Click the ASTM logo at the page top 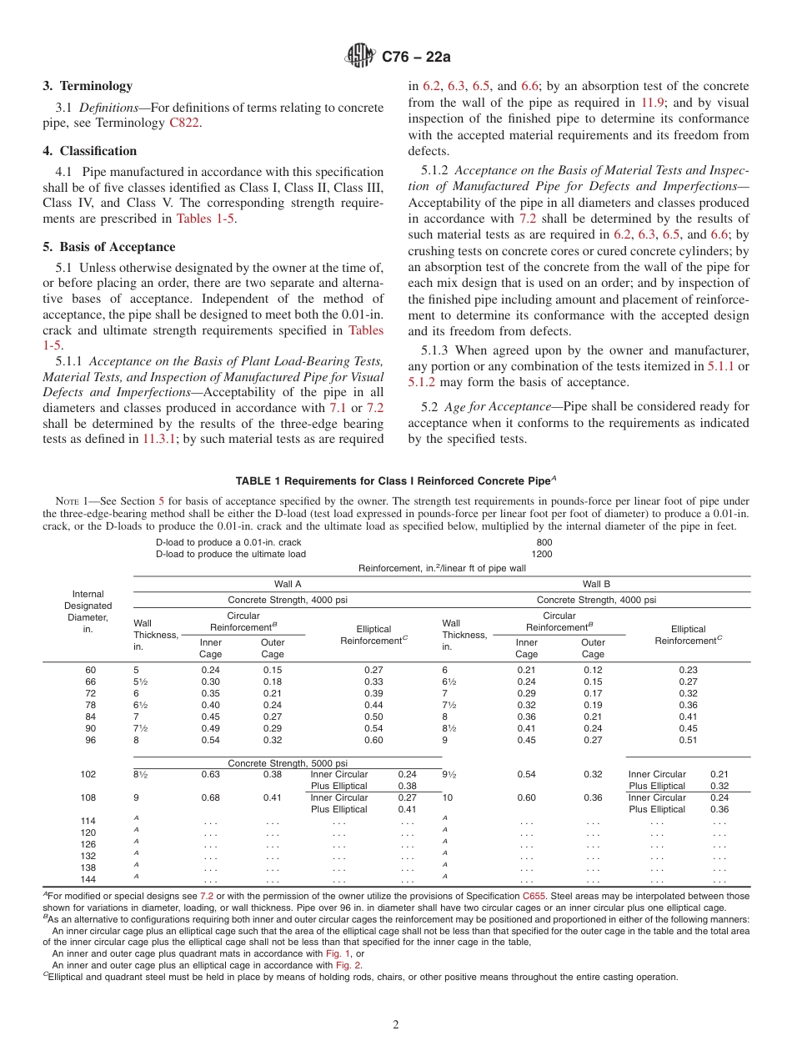(361, 57)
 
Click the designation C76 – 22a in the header (416, 57)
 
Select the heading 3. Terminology (88, 86)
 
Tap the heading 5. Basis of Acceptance (109, 247)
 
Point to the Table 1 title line (396, 481)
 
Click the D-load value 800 (544, 542)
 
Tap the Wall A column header (288, 584)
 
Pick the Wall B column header (596, 584)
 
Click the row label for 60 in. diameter (90, 670)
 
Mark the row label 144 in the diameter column (88, 879)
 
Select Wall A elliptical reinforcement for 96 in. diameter (373, 740)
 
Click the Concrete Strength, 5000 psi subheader (288, 763)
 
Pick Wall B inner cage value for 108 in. (526, 797)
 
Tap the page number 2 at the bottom (396, 1025)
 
